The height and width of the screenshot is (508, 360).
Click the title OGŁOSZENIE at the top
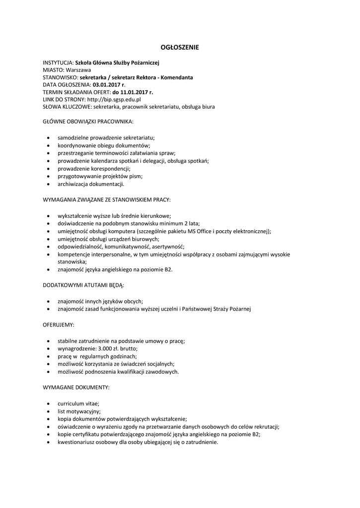(x=180, y=48)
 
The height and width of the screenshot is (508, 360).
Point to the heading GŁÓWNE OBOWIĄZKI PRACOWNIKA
(x=88, y=121)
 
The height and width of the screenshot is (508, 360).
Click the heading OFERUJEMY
(x=59, y=324)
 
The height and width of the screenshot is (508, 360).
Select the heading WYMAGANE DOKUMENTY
(x=76, y=386)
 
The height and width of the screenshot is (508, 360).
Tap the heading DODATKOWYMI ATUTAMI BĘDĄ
(x=83, y=286)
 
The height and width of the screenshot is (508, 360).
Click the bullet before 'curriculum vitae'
(x=47, y=404)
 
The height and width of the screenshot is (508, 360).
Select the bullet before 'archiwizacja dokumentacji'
(x=47, y=184)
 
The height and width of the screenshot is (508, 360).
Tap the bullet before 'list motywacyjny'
(x=47, y=411)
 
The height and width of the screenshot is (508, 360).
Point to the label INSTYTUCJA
(x=58, y=63)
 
